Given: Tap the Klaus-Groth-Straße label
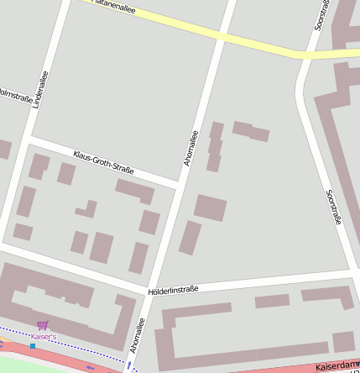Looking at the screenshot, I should [x=103, y=162].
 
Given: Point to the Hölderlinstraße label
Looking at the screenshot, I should [x=173, y=290].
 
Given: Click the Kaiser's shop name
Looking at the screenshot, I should [x=43, y=336].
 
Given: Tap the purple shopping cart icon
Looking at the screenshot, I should [x=43, y=325].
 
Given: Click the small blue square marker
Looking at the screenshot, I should [x=33, y=345].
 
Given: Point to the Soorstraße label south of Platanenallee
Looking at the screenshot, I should [x=334, y=207].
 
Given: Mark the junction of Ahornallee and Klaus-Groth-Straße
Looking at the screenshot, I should [x=179, y=182].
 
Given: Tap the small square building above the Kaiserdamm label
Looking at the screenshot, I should [x=343, y=342].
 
